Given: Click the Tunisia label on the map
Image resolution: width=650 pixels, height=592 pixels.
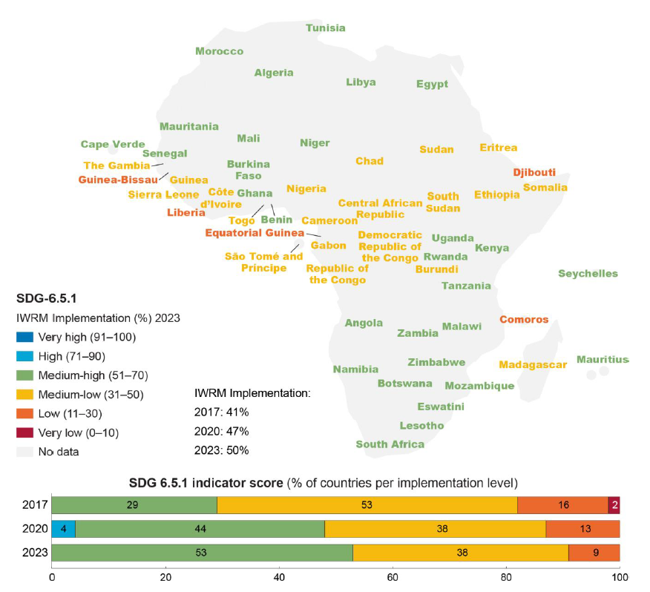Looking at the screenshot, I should pyautogui.click(x=326, y=28).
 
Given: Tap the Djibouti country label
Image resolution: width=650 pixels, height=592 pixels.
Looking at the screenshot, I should pyautogui.click(x=534, y=172).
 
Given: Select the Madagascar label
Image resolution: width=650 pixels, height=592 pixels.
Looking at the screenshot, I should pyautogui.click(x=533, y=364).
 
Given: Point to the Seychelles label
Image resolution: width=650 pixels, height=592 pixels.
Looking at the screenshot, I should pyautogui.click(x=588, y=274).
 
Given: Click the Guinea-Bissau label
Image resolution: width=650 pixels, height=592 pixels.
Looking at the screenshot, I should pyautogui.click(x=118, y=180).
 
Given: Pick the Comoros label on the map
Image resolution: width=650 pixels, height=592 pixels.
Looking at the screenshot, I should pyautogui.click(x=524, y=320).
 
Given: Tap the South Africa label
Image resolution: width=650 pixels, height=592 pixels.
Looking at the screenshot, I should pyautogui.click(x=390, y=444).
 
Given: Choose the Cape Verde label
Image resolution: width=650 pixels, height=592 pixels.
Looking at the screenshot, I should pyautogui.click(x=113, y=145).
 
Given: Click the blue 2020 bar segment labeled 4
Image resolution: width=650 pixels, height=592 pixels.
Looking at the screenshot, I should pyautogui.click(x=63, y=529).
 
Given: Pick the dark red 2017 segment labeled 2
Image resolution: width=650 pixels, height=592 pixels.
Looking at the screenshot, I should pyautogui.click(x=614, y=505).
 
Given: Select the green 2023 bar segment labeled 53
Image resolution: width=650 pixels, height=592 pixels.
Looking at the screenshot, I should pyautogui.click(x=202, y=553).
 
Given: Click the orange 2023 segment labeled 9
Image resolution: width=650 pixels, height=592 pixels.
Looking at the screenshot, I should pyautogui.click(x=594, y=553).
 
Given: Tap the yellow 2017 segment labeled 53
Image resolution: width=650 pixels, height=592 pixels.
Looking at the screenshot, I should pyautogui.click(x=367, y=505).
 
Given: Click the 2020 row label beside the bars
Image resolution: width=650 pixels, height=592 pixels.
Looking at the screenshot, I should pyautogui.click(x=36, y=529).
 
